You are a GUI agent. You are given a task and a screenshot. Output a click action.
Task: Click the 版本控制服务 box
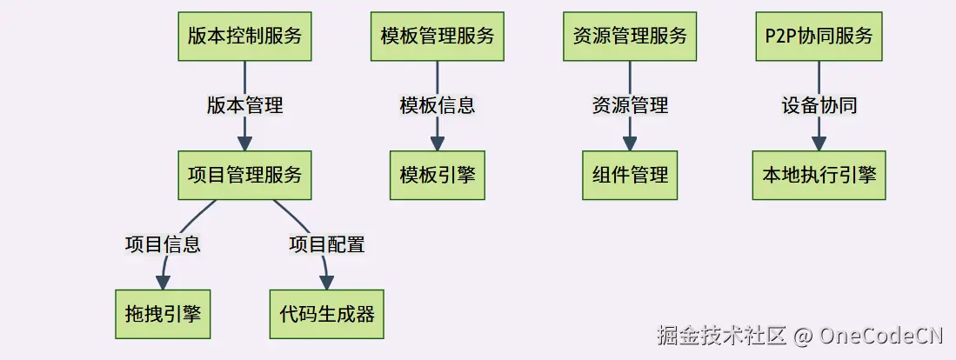tap(244, 37)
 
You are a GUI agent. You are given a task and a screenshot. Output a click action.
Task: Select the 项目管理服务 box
tap(244, 175)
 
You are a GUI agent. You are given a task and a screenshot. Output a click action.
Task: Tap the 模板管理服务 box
tap(438, 37)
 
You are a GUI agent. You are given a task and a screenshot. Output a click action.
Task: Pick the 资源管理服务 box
tap(630, 37)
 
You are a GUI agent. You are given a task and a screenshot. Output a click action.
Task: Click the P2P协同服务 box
tap(819, 37)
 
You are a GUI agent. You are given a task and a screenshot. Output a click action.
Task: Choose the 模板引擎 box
tap(438, 175)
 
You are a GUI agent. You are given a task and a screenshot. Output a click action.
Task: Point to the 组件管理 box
tap(630, 175)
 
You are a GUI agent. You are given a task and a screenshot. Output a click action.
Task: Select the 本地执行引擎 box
tap(819, 175)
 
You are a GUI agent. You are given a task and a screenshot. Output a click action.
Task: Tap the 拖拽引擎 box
tap(163, 314)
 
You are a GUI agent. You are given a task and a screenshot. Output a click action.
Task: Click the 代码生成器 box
tap(327, 314)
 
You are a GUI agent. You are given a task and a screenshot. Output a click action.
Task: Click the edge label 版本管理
tap(244, 106)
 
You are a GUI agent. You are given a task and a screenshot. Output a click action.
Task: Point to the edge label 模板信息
tap(438, 106)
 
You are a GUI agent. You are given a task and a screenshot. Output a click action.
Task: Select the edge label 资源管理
tap(630, 106)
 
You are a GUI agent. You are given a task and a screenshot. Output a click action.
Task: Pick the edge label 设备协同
tap(819, 106)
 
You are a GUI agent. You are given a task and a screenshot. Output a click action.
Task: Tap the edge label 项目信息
tap(163, 244)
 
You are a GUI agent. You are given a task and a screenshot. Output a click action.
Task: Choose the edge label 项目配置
tap(327, 244)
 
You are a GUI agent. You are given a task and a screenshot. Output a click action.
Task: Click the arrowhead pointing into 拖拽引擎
tap(163, 282)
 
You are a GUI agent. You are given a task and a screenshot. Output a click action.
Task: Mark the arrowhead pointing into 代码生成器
tap(327, 282)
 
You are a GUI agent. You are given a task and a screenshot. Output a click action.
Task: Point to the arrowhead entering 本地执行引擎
tap(819, 143)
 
